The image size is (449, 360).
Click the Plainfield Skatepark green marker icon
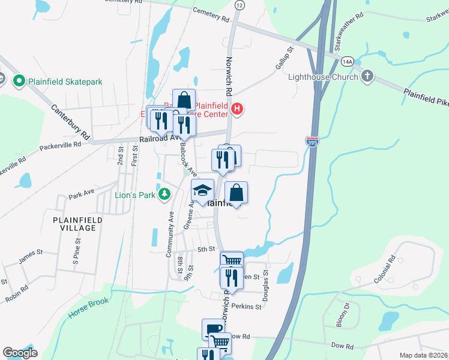click(19, 81)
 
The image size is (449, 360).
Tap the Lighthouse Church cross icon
click(367, 76)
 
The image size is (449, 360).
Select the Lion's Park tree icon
click(164, 194)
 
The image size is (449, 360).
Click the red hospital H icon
click(238, 109)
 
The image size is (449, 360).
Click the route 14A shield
click(347, 62)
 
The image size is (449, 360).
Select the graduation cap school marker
click(203, 191)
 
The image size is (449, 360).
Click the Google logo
click(20, 353)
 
